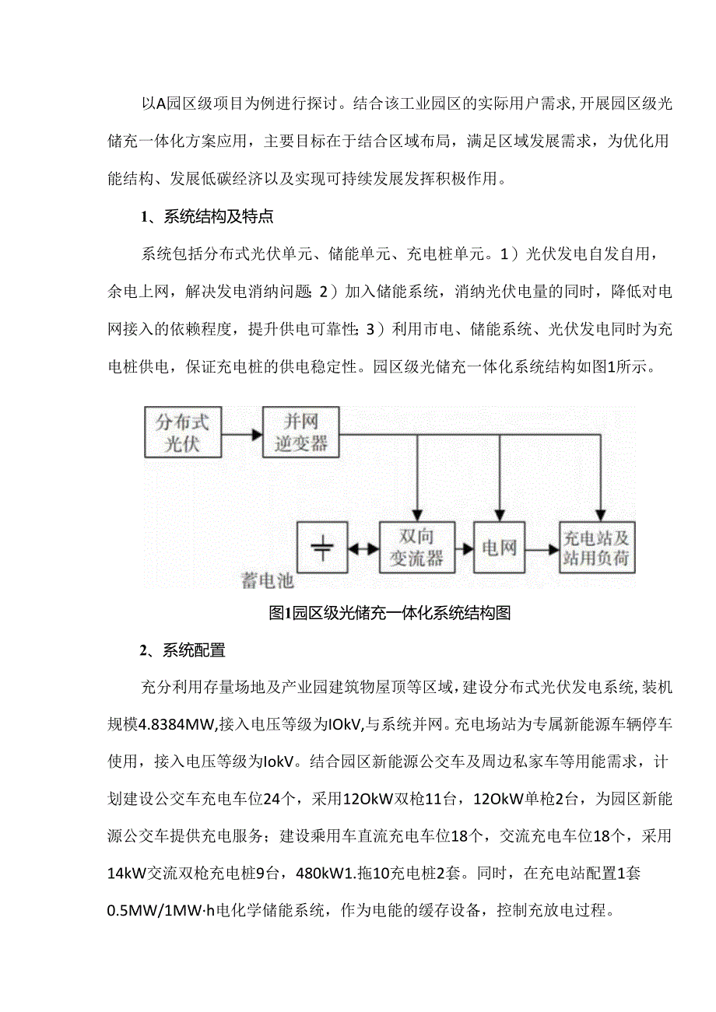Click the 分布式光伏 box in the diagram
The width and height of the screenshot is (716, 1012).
tap(183, 432)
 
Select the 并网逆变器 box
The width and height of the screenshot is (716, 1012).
tap(300, 432)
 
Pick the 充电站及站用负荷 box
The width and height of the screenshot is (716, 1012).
tap(597, 548)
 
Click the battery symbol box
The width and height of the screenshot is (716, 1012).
tap(321, 548)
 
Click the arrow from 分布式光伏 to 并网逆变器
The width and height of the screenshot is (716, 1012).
tap(241, 433)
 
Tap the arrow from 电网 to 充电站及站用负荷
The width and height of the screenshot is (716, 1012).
tap(541, 548)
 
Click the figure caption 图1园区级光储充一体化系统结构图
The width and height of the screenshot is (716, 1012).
tap(389, 613)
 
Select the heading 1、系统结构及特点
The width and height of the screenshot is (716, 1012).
tap(207, 217)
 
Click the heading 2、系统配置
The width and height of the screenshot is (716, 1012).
tap(183, 650)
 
